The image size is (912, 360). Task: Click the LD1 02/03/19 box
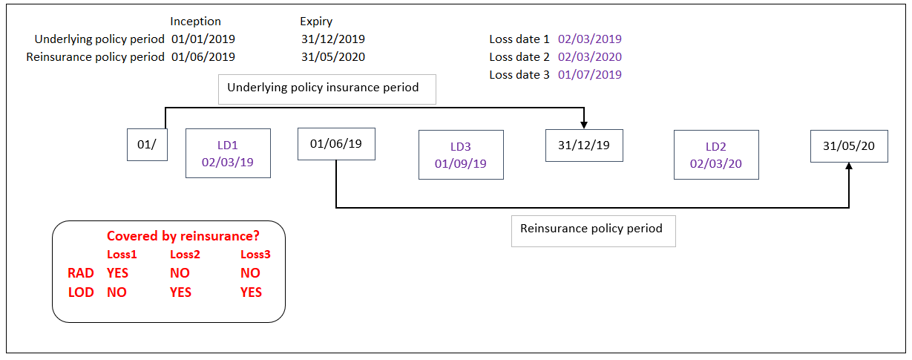pyautogui.click(x=228, y=154)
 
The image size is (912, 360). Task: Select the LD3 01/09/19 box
pyautogui.click(x=461, y=154)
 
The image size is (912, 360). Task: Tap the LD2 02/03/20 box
pyautogui.click(x=716, y=154)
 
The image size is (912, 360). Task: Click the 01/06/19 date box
pyautogui.click(x=336, y=144)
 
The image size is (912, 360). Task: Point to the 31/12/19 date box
pyautogui.click(x=584, y=145)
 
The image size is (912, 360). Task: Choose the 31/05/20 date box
pyautogui.click(x=848, y=146)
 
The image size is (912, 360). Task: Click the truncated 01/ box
pyautogui.click(x=146, y=145)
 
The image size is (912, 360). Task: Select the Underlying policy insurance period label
pyautogui.click(x=327, y=88)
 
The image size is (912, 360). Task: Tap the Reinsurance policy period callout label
pyautogui.click(x=593, y=229)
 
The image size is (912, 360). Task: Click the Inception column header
pyautogui.click(x=195, y=22)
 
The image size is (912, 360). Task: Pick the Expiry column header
pyautogui.click(x=316, y=22)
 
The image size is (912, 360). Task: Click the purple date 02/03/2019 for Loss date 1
pyautogui.click(x=590, y=39)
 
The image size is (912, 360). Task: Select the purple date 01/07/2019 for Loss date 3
pyautogui.click(x=590, y=74)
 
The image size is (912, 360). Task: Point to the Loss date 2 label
pyautogui.click(x=519, y=57)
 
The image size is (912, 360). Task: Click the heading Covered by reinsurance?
pyautogui.click(x=183, y=236)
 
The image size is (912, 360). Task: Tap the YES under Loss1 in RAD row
pyautogui.click(x=117, y=273)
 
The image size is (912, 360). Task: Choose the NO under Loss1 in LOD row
pyautogui.click(x=117, y=292)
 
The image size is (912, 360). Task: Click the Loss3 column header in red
pyautogui.click(x=255, y=255)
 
